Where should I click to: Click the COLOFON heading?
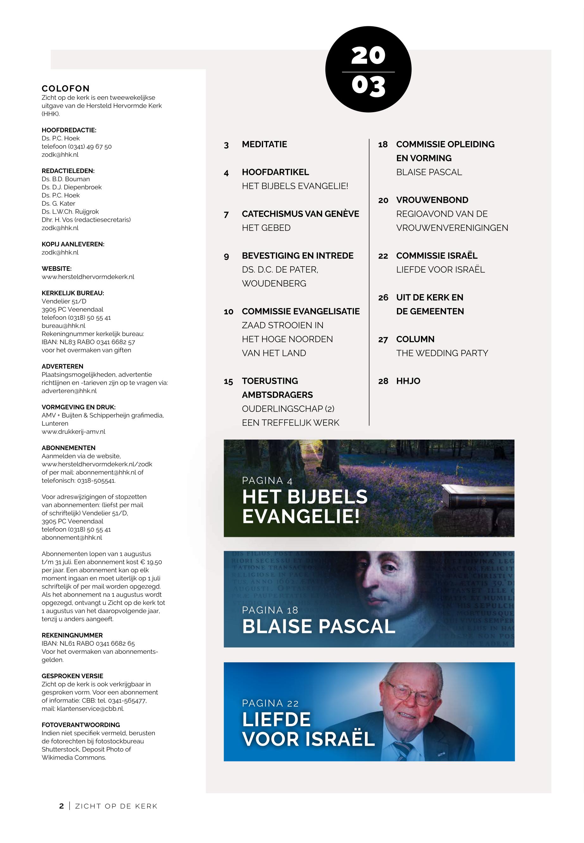[x=66, y=89]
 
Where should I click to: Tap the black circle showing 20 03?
[x=368, y=70]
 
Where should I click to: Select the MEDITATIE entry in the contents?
[x=264, y=144]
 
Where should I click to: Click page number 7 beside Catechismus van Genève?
[x=226, y=214]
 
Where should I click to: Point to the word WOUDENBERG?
[x=274, y=284]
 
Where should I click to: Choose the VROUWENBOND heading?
[x=432, y=200]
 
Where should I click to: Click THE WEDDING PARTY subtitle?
[x=442, y=353]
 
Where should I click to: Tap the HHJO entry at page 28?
[x=408, y=381]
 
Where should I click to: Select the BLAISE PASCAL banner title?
[x=318, y=627]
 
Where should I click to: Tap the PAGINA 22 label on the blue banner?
[x=270, y=704]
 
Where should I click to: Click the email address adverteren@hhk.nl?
[x=69, y=391]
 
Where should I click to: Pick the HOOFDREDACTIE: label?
[x=69, y=130]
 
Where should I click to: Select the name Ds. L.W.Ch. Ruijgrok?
[x=70, y=212]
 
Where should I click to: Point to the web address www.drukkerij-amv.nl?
[x=73, y=432]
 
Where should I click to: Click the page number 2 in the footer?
[x=61, y=806]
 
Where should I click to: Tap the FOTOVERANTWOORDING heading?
[x=81, y=725]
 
